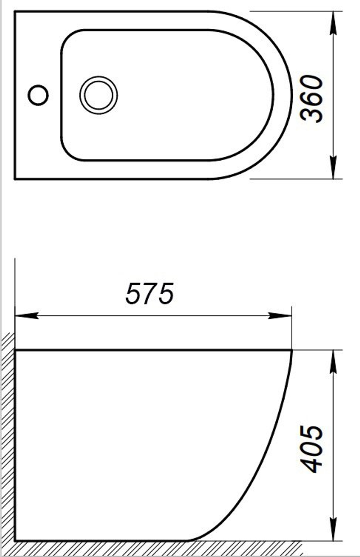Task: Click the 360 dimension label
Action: tap(312, 98)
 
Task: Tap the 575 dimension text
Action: tap(150, 293)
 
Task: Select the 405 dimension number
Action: tap(312, 449)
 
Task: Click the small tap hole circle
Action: tap(38, 95)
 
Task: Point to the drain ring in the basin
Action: tap(98, 95)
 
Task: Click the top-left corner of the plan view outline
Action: tap(15, 12)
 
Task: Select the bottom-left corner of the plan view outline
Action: tap(15, 179)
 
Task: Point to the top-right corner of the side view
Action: tap(292, 350)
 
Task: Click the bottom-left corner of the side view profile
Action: tap(15, 541)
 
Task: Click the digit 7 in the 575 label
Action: tap(150, 293)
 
